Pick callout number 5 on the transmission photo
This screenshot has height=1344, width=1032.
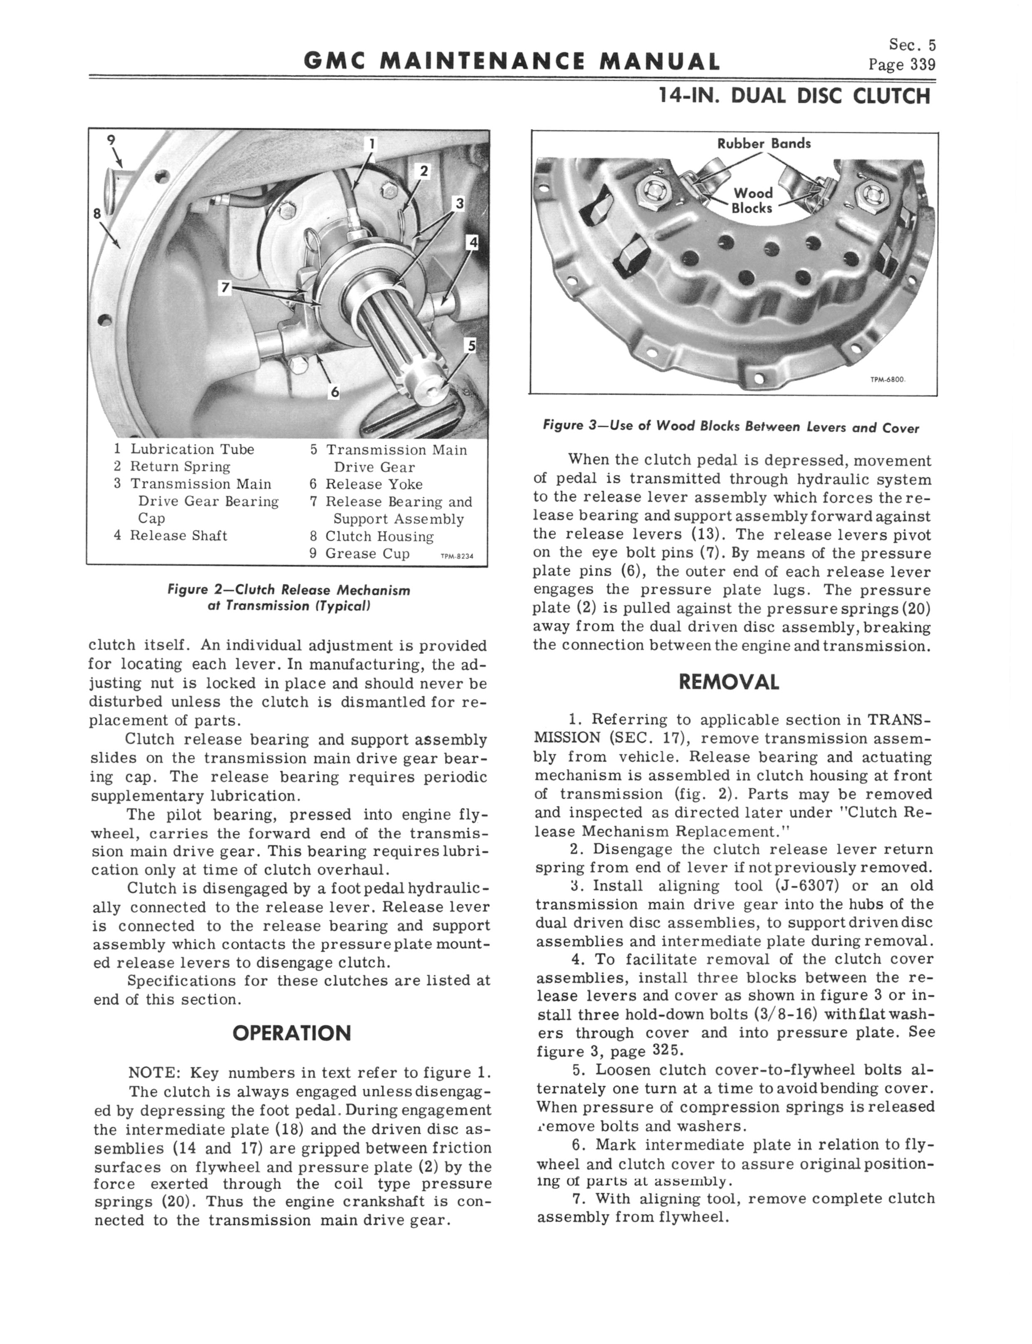[471, 345]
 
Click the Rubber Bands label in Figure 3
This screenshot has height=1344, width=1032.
[764, 144]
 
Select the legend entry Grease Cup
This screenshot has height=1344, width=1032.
[367, 554]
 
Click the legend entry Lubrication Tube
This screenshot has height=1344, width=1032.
[192, 449]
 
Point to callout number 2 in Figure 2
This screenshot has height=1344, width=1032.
[424, 171]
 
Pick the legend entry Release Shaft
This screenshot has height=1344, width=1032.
[178, 536]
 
